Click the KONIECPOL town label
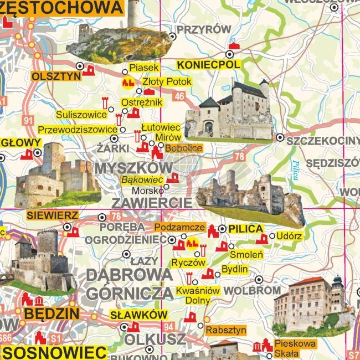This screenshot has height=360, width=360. coord(208,65)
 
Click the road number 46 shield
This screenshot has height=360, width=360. coord(178,96)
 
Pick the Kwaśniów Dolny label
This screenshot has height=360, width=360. coord(198,295)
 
